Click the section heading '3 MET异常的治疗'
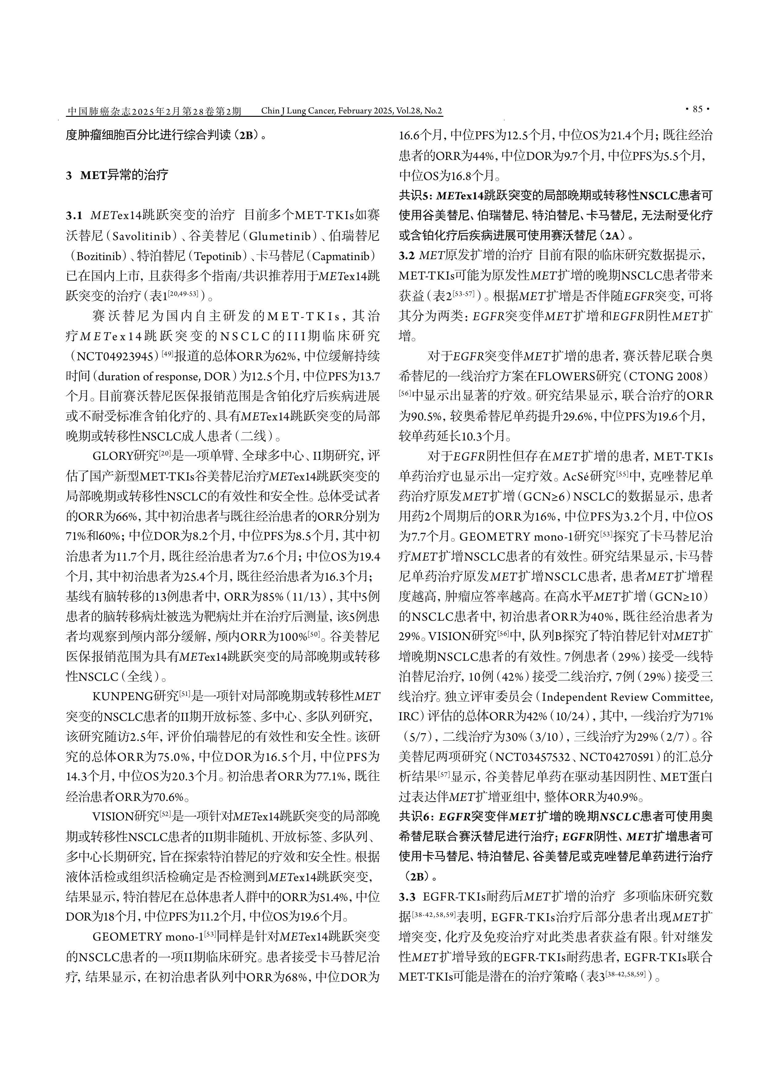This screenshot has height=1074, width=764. point(117,175)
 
